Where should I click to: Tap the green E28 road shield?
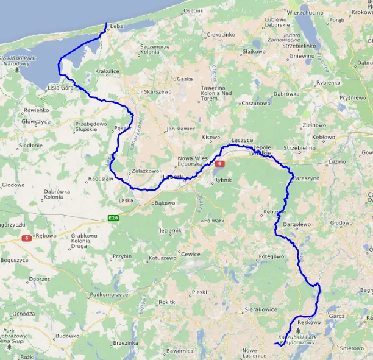click(x=113, y=217)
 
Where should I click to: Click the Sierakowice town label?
click(x=261, y=309)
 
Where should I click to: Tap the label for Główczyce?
click(x=35, y=121)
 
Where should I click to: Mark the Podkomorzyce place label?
click(x=109, y=295)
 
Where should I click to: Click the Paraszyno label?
click(x=306, y=179)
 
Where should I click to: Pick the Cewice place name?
click(x=190, y=254)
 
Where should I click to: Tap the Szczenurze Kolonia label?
click(x=155, y=49)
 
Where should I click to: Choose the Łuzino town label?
click(x=337, y=161)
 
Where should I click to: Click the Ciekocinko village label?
click(x=221, y=35)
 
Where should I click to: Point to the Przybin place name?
click(x=122, y=256)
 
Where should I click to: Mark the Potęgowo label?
click(x=272, y=256)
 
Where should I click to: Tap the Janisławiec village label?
click(x=180, y=129)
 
